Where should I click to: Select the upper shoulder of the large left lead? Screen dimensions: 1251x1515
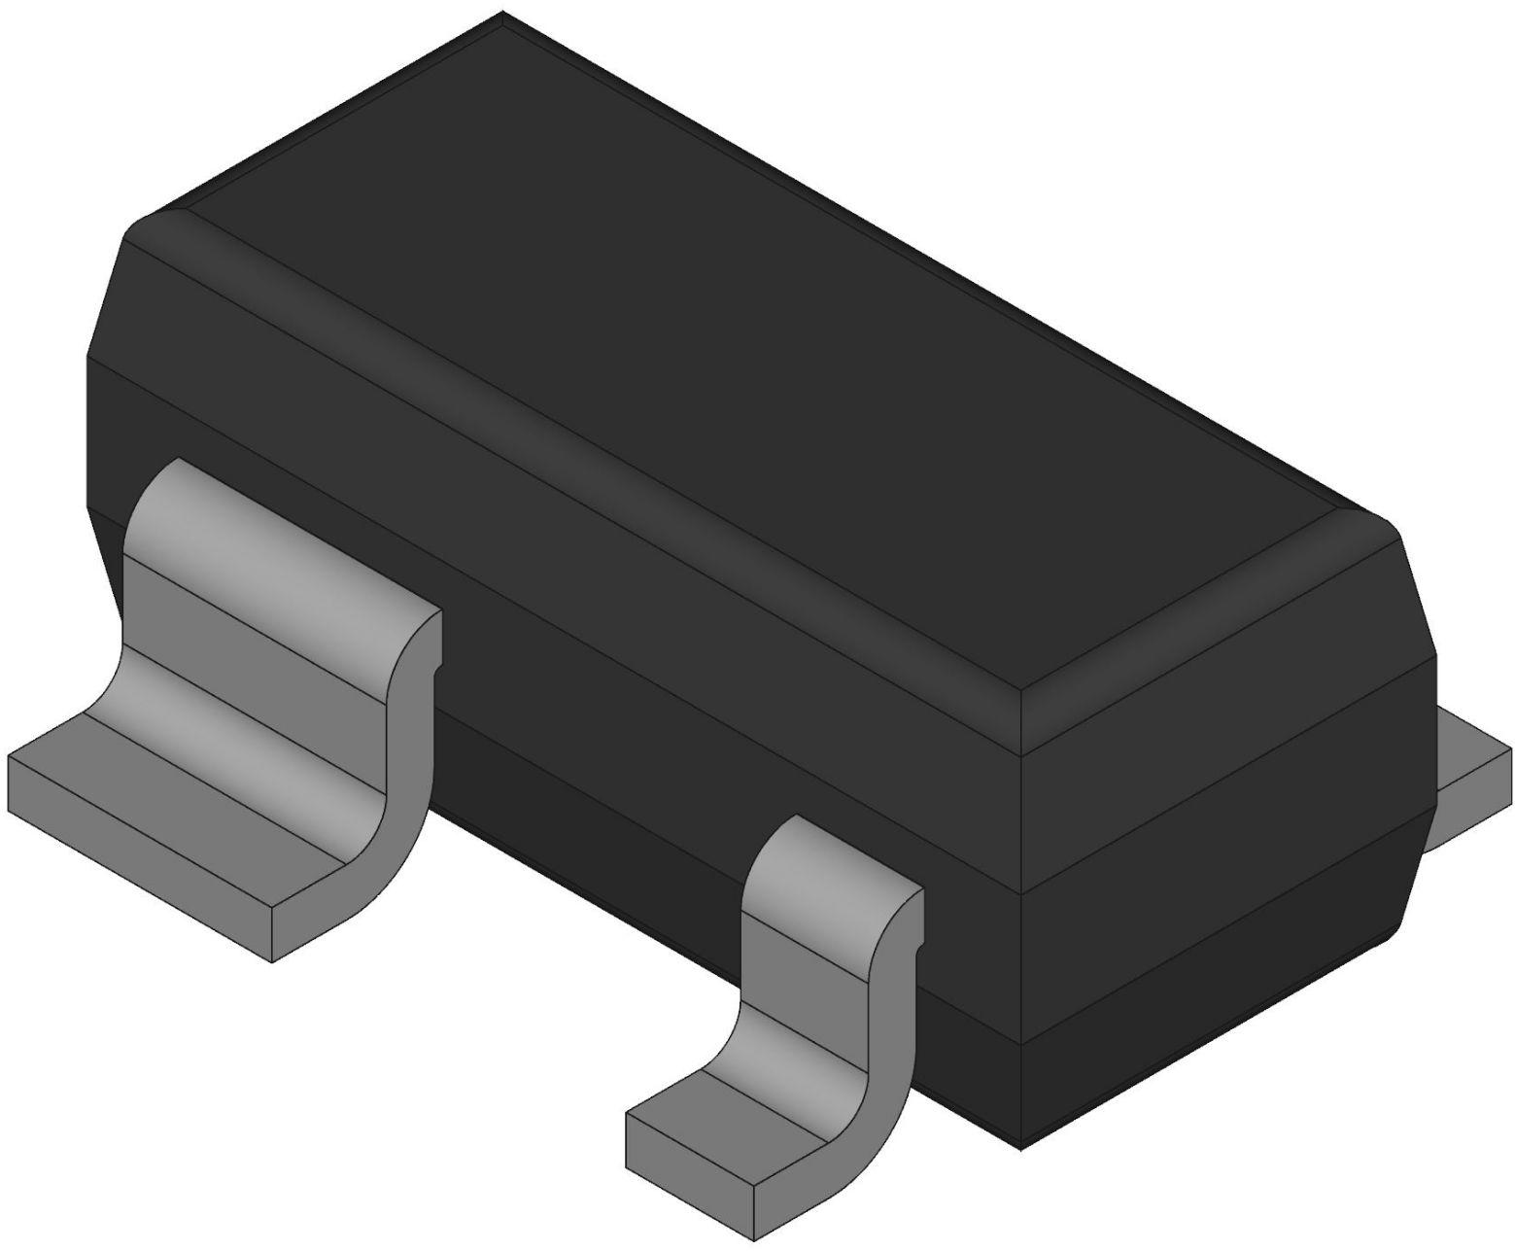pos(282,544)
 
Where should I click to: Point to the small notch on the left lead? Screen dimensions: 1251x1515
pos(438,667)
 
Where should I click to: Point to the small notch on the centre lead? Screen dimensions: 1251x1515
pos(917,943)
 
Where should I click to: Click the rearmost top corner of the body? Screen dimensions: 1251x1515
pos(501,14)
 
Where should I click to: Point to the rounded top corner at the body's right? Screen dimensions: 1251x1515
pos(1380,525)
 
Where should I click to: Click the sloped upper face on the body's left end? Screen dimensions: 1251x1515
pos(107,292)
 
